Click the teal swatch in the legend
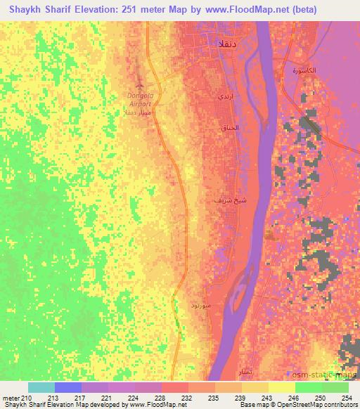click(41, 387)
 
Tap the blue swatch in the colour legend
click(67, 387)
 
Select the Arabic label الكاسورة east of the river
click(304, 71)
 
